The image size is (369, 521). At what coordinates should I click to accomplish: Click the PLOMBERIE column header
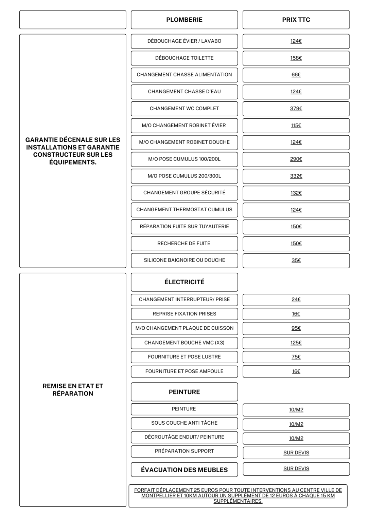(184, 20)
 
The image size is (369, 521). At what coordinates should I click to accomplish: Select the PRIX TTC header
(296, 20)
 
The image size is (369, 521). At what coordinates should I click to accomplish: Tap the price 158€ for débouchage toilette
(296, 58)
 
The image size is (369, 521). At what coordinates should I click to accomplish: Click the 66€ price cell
(296, 75)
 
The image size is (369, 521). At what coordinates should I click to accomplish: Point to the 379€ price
(296, 109)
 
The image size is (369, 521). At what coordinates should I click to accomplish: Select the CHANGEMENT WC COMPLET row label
(184, 109)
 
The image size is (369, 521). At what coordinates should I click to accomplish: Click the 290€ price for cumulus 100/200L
(296, 159)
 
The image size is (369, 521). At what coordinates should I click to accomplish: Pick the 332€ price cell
(296, 176)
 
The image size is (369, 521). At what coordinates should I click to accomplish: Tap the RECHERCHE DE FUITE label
(184, 244)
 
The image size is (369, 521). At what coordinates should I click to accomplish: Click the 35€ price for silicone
(296, 260)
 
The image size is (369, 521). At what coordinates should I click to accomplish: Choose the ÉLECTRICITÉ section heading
(184, 282)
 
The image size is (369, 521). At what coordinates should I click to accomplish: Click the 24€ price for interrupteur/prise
(296, 300)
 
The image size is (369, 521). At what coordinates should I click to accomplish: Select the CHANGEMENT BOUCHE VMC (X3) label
(184, 343)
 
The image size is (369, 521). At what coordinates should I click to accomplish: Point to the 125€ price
(296, 343)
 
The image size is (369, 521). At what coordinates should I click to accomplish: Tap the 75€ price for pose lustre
(296, 357)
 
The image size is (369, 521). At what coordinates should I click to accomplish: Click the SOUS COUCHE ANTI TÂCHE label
(184, 423)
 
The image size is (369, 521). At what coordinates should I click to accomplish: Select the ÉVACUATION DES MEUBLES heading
(184, 470)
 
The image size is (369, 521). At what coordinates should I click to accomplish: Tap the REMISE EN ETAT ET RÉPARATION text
(73, 390)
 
